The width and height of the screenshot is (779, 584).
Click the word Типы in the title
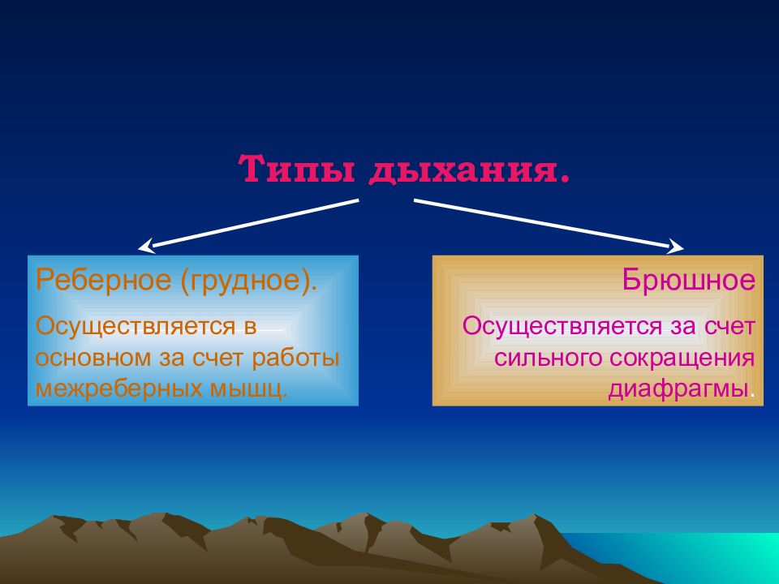pos(297,169)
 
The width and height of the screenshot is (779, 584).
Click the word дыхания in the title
pos(462,171)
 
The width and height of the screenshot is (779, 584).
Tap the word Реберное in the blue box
pos(103,281)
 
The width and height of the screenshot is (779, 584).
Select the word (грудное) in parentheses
pos(244,281)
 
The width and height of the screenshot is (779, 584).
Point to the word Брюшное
pos(689,280)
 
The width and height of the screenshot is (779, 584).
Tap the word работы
pos(295,359)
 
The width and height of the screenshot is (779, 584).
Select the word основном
pos(93,359)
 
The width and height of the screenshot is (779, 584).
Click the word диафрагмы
pos(678,389)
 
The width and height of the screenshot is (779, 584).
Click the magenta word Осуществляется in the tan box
pos(562,327)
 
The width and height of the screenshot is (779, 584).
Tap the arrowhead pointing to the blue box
pos(145,247)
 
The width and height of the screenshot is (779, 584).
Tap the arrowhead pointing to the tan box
pos(676,247)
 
